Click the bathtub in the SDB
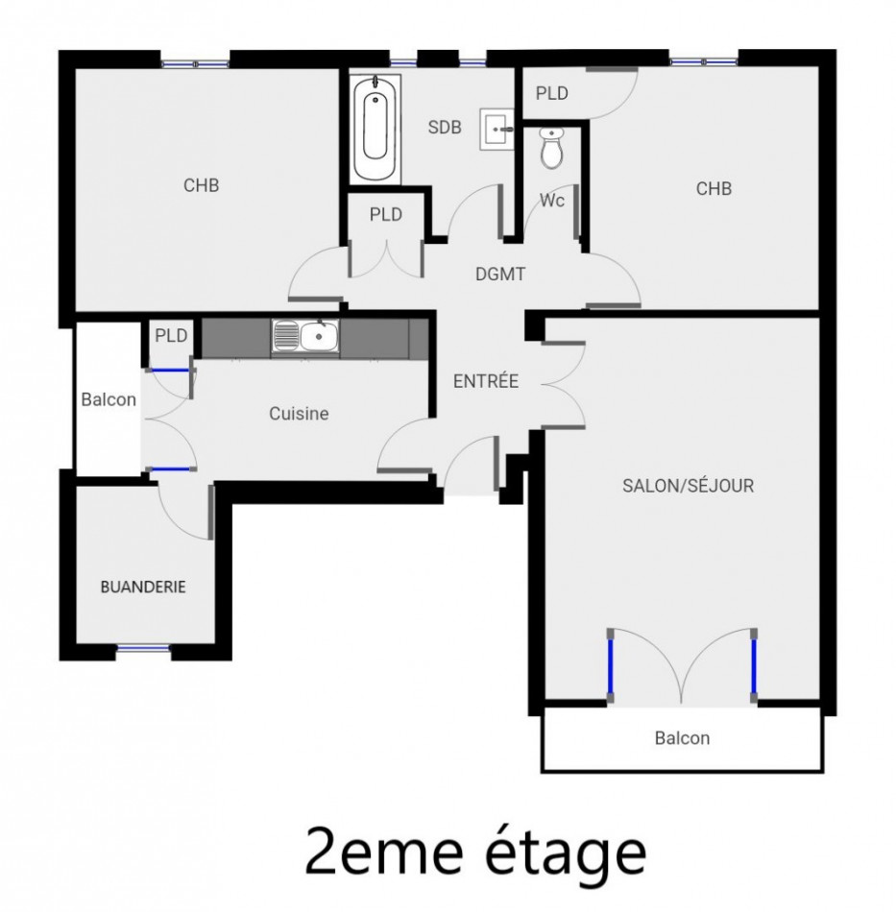coord(375,130)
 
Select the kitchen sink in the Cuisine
coord(305,336)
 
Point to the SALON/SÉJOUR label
coord(688,486)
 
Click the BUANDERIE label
coord(143,587)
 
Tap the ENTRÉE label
coord(485,381)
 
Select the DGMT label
coord(500,275)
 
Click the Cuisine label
coord(299,414)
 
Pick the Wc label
coord(551,201)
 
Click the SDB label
coord(445,127)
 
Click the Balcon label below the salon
coord(682,738)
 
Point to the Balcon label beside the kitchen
coord(108,399)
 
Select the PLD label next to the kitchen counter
coord(171,336)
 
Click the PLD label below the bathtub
coord(385,214)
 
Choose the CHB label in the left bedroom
coord(201,185)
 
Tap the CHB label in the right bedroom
coord(714,188)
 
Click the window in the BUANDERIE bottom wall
coord(143,650)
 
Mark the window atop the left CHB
coord(196,63)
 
